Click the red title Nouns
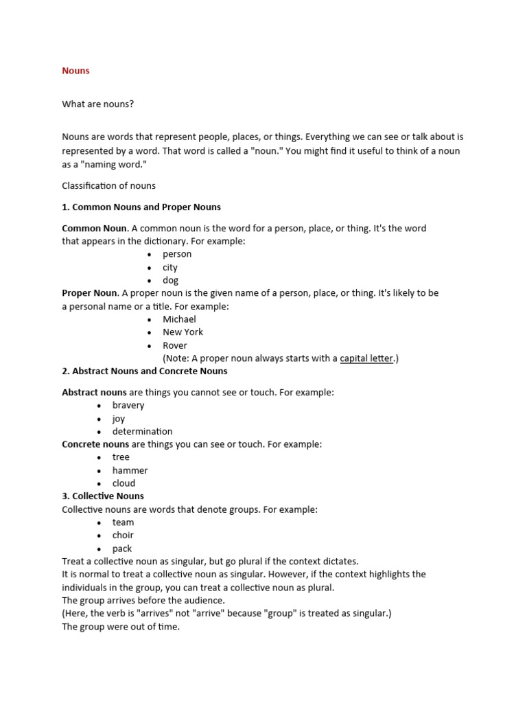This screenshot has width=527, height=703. pyautogui.click(x=75, y=71)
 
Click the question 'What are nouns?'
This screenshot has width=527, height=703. pyautogui.click(x=97, y=104)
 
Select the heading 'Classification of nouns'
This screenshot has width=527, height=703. pyautogui.click(x=108, y=185)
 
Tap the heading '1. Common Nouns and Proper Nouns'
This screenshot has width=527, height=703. pyautogui.click(x=141, y=207)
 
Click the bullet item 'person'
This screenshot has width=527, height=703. pyautogui.click(x=177, y=254)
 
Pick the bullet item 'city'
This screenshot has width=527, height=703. pyautogui.click(x=170, y=267)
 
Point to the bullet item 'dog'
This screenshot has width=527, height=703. pyautogui.click(x=170, y=280)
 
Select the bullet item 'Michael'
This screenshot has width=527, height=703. pyautogui.click(x=179, y=319)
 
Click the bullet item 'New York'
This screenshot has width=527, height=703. pyautogui.click(x=183, y=332)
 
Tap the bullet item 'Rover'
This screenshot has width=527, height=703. pyautogui.click(x=174, y=345)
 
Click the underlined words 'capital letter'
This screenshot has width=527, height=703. pyautogui.click(x=366, y=358)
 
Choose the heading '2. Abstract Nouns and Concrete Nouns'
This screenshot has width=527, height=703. pyautogui.click(x=145, y=371)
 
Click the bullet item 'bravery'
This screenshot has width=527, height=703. pyautogui.click(x=128, y=405)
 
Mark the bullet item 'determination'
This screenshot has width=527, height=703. pyautogui.click(x=142, y=431)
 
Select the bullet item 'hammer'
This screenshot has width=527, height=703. pyautogui.click(x=130, y=470)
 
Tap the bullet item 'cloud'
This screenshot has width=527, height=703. pyautogui.click(x=124, y=483)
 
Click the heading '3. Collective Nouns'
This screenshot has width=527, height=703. pyautogui.click(x=103, y=496)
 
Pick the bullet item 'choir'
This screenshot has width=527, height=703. pyautogui.click(x=123, y=535)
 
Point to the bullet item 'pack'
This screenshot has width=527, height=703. pyautogui.click(x=122, y=549)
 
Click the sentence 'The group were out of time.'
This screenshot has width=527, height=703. pyautogui.click(x=121, y=627)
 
